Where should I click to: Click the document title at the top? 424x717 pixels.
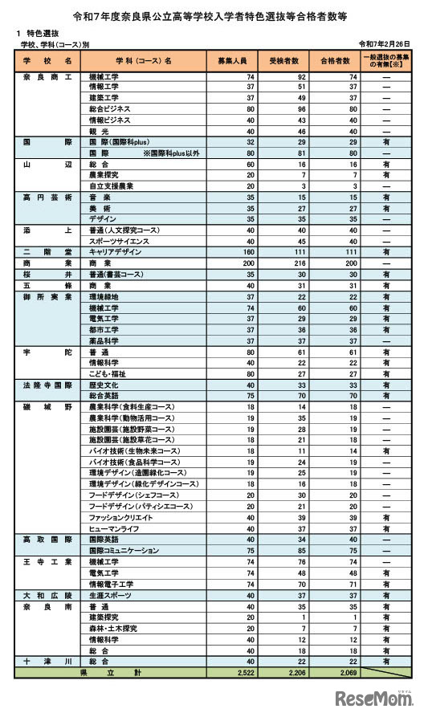point(211,15)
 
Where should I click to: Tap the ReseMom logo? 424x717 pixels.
point(373,700)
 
